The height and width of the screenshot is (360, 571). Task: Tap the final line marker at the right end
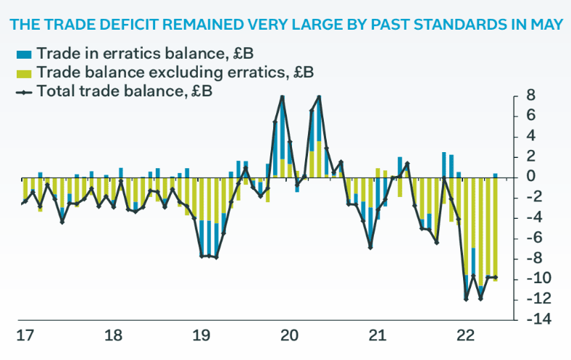(495, 277)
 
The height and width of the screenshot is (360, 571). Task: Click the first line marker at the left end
(23, 203)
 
